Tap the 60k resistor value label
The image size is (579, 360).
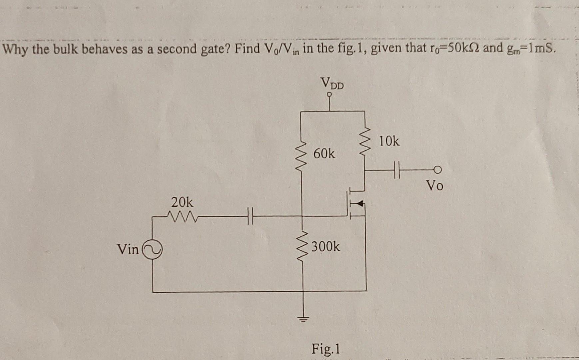tap(324, 154)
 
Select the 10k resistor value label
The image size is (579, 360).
tap(389, 142)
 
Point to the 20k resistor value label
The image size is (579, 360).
tap(182, 202)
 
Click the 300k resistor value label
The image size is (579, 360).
tap(326, 247)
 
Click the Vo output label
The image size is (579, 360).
tap(435, 185)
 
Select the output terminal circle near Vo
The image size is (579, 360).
tap(438, 170)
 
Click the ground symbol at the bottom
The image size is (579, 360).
tap(303, 319)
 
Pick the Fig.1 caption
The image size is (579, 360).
tap(326, 349)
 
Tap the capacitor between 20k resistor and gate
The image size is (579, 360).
tap(250, 216)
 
